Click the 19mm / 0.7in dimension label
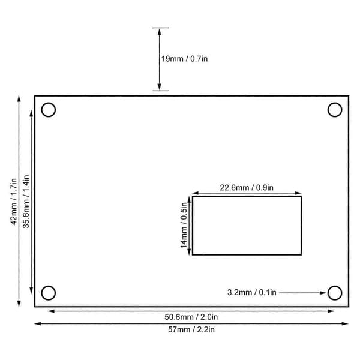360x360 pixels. click(184, 59)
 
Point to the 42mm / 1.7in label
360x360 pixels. click(14, 202)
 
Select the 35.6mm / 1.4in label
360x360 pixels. click(26, 202)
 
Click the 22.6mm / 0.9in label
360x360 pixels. click(247, 188)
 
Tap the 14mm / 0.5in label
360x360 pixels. click(184, 225)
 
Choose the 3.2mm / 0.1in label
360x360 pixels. click(251, 293)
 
